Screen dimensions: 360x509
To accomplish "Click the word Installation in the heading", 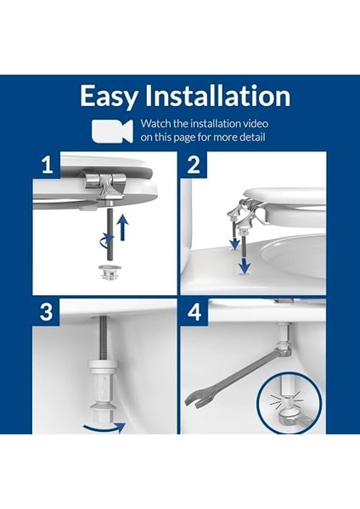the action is pos(217,95).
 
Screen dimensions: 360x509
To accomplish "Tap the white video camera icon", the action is pos(112,131).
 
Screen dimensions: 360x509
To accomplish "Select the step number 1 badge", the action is pos(48,165).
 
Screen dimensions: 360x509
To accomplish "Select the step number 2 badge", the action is pos(194,165).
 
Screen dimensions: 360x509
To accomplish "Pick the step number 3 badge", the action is pos(46,312).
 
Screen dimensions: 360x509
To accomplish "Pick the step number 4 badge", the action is pos(194,312).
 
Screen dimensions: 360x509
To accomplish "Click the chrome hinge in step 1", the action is pos(101,185).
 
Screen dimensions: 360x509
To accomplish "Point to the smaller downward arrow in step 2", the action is pos(233,243).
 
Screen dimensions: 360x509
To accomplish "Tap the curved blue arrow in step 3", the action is pos(104,428).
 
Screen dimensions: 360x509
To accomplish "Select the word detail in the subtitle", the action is pos(252,137).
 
